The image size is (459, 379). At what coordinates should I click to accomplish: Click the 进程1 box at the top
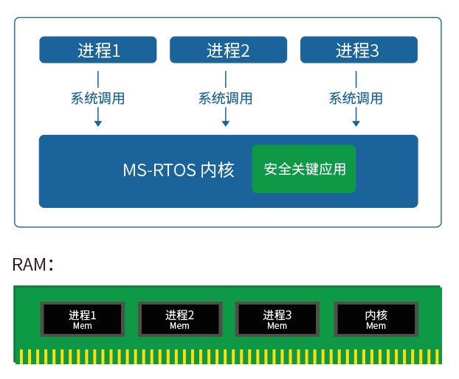point(98,50)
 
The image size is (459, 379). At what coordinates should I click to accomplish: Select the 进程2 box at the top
point(228,50)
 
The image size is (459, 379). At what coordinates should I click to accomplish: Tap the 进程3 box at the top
point(358,50)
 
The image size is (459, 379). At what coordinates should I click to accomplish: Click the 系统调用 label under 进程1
point(98,98)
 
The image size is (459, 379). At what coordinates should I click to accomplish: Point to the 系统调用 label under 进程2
point(226,98)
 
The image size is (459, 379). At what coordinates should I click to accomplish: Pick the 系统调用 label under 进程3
point(356,98)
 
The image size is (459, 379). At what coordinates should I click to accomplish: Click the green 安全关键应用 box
point(304,169)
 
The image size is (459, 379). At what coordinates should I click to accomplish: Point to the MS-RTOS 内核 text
point(179,170)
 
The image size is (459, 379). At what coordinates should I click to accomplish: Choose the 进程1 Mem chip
point(83,319)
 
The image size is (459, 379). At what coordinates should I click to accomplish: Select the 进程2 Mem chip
point(179,319)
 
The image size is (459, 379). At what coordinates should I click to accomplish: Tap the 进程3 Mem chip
point(277,319)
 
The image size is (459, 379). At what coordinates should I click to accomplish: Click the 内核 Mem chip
point(376,319)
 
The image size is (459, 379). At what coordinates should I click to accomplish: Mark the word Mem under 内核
point(376,326)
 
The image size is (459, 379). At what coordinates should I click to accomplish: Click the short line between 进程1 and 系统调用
point(98,79)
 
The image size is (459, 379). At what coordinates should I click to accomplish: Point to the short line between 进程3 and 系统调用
point(356,79)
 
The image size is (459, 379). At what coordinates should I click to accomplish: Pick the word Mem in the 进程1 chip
point(83,326)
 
